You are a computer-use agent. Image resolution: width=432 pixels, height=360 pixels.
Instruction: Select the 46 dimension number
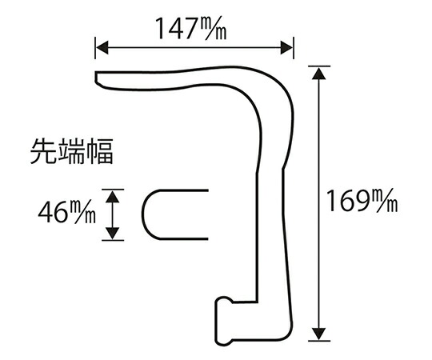[x=53, y=212]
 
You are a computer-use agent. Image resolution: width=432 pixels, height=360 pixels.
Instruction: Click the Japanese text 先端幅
[x=72, y=151]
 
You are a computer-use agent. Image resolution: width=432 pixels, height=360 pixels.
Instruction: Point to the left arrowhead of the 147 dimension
[x=102, y=48]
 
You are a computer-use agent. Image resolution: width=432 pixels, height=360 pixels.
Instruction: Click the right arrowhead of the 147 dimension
[x=286, y=48]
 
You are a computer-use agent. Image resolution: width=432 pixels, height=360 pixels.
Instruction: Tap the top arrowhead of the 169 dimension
[x=318, y=74]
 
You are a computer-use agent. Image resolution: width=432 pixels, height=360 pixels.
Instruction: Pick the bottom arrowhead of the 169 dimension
[x=318, y=334]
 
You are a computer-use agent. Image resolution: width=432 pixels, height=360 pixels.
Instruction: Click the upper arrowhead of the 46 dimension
[x=113, y=196]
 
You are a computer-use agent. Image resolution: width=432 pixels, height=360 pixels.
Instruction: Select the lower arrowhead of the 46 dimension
[x=113, y=234]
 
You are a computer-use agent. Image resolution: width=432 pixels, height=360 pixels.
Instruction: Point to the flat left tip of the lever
[x=96, y=77]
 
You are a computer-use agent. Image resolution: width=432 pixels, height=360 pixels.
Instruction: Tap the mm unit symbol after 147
[x=213, y=28]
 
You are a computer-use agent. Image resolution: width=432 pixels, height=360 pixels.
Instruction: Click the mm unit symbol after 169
[x=383, y=201]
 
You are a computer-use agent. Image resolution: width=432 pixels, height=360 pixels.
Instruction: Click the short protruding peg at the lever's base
[x=224, y=321]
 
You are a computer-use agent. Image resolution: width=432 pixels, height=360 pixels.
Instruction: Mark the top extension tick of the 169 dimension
[x=319, y=66]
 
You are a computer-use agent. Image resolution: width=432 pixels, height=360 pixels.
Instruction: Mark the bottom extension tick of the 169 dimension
[x=319, y=341]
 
